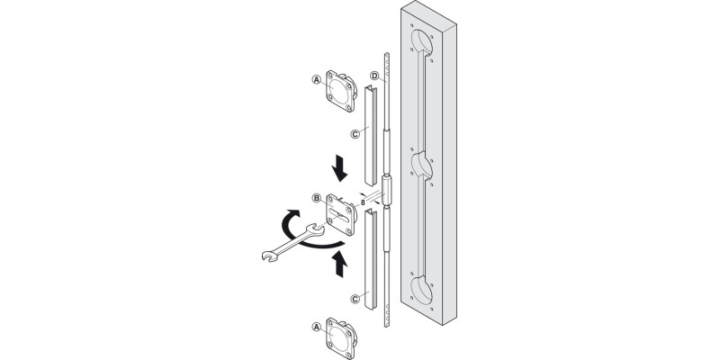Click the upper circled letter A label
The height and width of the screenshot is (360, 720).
(x=316, y=79)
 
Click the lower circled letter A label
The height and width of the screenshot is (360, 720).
(x=316, y=327)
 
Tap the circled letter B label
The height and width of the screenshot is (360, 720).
(x=317, y=198)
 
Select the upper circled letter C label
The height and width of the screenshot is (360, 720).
(x=355, y=134)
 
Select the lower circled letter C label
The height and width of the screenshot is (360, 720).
(x=355, y=299)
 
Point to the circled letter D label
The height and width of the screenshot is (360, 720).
(x=374, y=76)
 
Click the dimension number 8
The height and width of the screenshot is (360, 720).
(x=363, y=202)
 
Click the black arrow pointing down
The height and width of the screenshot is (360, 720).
(x=340, y=168)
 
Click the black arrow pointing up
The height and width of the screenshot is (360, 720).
(x=340, y=264)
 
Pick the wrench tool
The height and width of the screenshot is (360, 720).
(x=293, y=242)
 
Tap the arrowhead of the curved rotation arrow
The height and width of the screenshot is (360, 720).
(x=291, y=215)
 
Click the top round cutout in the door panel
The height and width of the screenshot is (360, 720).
(x=422, y=42)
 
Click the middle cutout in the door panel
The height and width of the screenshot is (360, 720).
(x=422, y=166)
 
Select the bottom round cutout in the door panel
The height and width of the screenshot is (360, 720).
(x=422, y=290)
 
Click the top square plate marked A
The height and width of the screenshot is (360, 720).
(x=341, y=91)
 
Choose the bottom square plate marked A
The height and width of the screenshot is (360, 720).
(x=341, y=339)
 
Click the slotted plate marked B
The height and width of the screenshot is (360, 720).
(x=341, y=214)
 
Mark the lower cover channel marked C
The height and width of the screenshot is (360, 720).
(x=371, y=258)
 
